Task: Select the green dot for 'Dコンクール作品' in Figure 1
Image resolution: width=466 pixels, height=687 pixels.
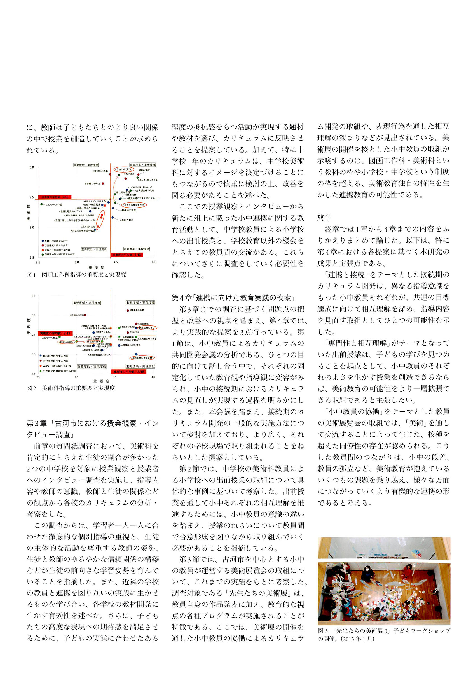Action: pos(42,204)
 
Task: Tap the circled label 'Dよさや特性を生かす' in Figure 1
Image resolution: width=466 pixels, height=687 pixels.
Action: pos(134,205)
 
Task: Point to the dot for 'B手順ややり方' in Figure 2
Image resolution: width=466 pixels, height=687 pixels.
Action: pos(86,315)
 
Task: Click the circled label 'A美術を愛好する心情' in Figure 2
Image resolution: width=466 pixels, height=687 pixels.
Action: pos(142,358)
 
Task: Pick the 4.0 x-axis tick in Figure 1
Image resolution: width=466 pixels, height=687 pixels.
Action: pos(154,262)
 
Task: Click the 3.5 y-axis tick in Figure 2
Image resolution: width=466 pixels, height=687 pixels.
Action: pos(34,296)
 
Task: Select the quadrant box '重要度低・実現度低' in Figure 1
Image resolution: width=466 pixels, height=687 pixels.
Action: pos(94,249)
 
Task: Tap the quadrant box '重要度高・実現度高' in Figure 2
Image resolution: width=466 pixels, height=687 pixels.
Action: pos(140,303)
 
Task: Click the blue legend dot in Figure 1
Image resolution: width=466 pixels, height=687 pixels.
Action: pos(43,241)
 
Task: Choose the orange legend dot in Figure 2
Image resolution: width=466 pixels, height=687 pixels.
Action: pos(41,366)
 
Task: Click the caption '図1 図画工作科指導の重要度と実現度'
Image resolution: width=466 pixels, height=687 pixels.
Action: pos(76,275)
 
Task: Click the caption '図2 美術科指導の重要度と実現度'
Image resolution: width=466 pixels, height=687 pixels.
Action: pos(71,388)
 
